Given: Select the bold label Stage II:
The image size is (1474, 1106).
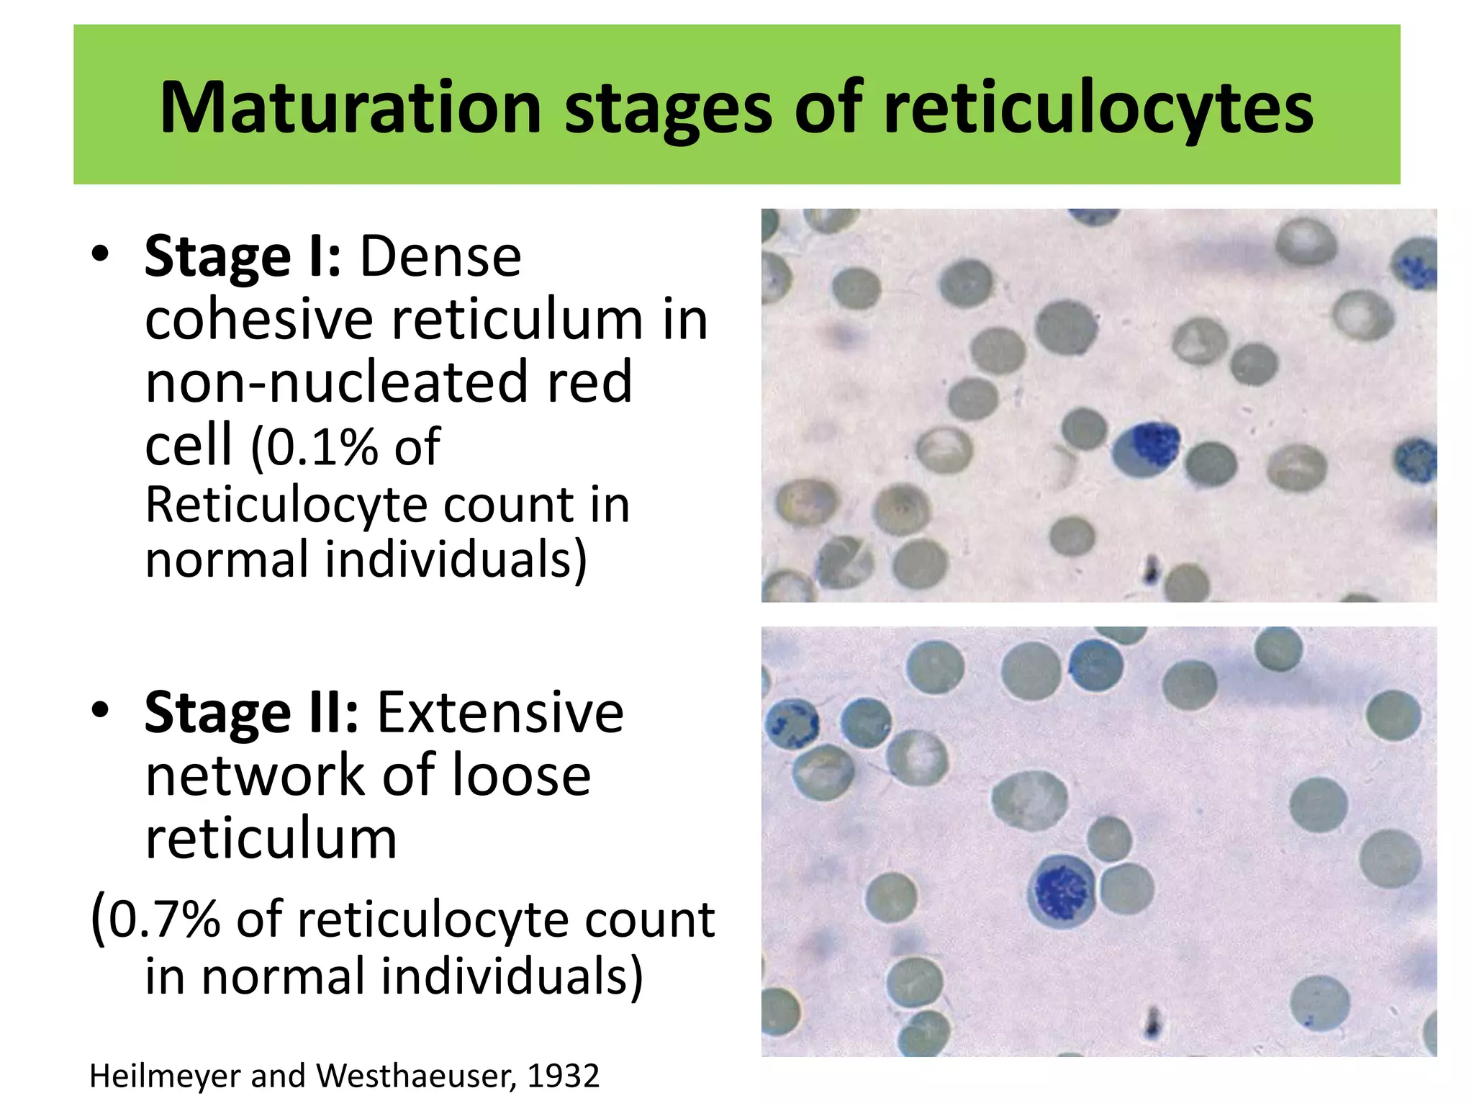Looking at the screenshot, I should (251, 713).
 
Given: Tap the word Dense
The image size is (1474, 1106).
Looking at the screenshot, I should (440, 256).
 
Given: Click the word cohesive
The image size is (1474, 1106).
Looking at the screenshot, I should (258, 320).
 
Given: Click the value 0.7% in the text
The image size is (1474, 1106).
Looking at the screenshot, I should (165, 920).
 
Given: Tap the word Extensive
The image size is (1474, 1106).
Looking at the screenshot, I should (500, 713).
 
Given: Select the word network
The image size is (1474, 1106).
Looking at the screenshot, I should (256, 775).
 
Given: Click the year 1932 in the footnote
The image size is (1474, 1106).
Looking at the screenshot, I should (563, 1076).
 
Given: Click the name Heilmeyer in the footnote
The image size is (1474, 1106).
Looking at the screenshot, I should (165, 1076).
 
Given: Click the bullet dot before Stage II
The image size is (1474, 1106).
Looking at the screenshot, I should (100, 711).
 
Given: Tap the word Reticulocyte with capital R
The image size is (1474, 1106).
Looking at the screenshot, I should (288, 505).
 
